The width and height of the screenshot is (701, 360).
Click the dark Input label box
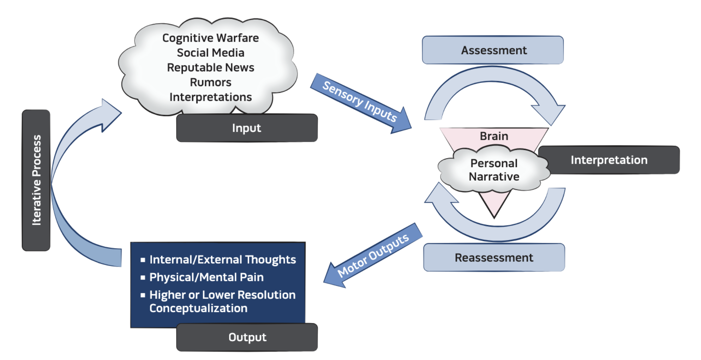tap(247, 128)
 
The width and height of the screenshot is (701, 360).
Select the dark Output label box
tap(247, 337)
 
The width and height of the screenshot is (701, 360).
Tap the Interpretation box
tap(609, 160)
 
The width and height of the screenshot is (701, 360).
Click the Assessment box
tap(493, 50)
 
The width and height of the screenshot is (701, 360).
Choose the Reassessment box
tap(494, 258)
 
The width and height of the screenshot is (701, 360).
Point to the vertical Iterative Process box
tap(36, 180)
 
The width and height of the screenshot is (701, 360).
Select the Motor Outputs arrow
tap(372, 256)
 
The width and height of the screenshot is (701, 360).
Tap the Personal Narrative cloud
tap(494, 170)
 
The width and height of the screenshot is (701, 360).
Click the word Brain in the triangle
tap(494, 136)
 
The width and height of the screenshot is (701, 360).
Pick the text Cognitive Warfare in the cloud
tap(210, 38)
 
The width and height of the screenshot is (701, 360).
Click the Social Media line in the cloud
tap(210, 53)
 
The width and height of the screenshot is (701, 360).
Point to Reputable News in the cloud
tap(210, 67)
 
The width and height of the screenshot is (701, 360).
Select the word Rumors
tap(210, 82)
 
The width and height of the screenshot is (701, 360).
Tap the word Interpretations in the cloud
tap(210, 97)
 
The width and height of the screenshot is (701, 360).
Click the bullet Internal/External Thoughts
tap(222, 260)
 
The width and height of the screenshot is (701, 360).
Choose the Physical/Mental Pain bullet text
tap(206, 277)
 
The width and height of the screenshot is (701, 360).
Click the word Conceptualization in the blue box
tap(198, 308)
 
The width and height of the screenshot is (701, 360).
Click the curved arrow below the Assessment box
tap(494, 76)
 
